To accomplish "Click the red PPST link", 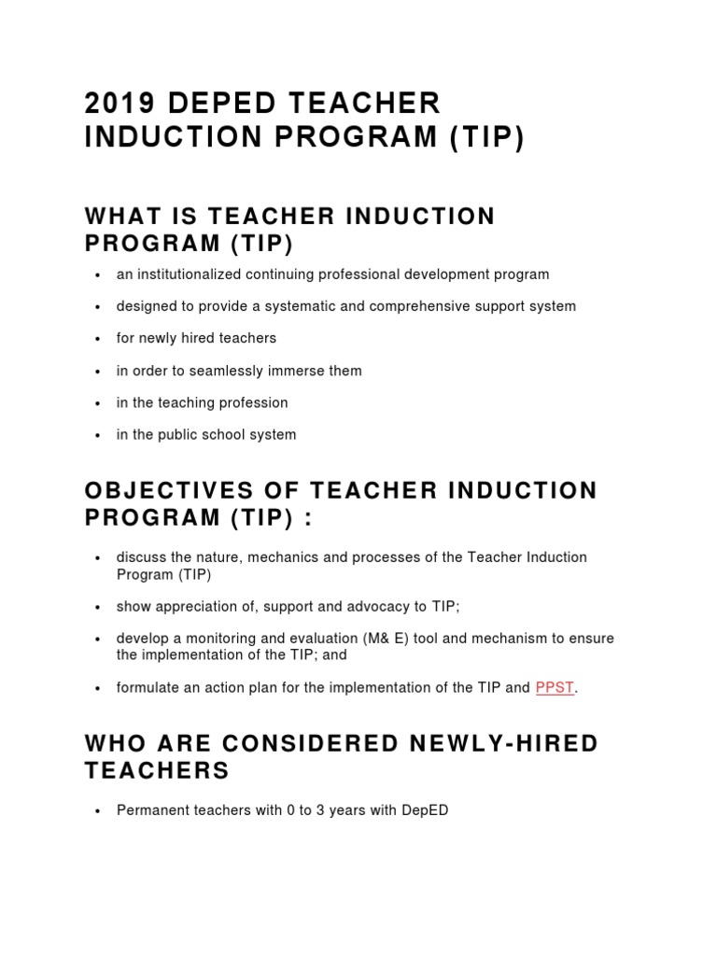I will (555, 687).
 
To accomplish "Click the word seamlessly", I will (221, 371).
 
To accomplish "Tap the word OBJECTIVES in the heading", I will (177, 491).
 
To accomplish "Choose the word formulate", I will (147, 688).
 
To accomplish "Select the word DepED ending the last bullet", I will (425, 810).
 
